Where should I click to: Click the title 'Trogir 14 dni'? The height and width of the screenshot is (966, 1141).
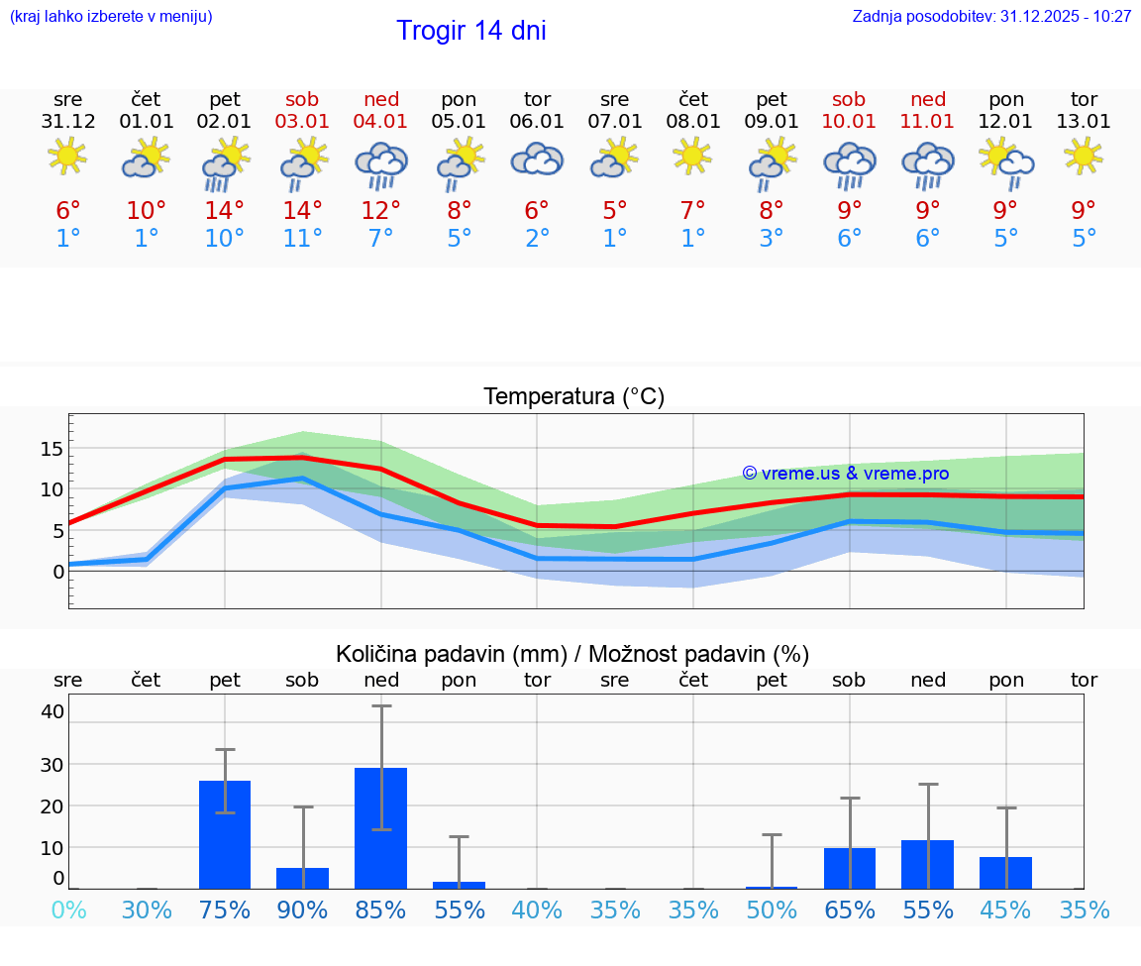pos(470,31)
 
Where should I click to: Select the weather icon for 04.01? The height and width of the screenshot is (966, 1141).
pos(381,164)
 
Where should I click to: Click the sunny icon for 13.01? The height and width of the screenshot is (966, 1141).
pos(1084,156)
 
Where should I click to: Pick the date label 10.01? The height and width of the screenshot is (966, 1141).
pos(849,122)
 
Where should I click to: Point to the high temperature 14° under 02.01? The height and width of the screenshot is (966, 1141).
pos(225,211)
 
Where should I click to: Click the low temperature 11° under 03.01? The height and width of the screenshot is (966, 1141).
pos(303,239)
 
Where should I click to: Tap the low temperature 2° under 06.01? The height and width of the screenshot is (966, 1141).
pos(537,239)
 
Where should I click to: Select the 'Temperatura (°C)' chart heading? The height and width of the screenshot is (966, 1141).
pos(573,397)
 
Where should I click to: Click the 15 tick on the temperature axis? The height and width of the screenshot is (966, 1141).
pos(52,449)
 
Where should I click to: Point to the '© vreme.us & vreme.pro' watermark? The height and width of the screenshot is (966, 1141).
pos(845,474)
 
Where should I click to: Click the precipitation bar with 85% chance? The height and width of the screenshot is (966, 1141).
pos(381,828)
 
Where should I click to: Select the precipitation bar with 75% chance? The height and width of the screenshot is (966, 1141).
pos(225,834)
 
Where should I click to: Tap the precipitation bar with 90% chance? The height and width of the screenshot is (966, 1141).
pos(303,878)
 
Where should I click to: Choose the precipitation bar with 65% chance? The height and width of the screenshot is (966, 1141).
pos(849,868)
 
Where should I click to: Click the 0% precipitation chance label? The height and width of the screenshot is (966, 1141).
pos(68,910)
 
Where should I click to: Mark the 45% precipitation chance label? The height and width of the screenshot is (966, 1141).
pos(1005,910)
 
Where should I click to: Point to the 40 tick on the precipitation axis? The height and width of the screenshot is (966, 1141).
pos(52,711)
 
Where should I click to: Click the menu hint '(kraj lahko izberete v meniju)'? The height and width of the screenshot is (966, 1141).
pos(111,16)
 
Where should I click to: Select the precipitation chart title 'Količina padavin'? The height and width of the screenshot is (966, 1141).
pos(452,654)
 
